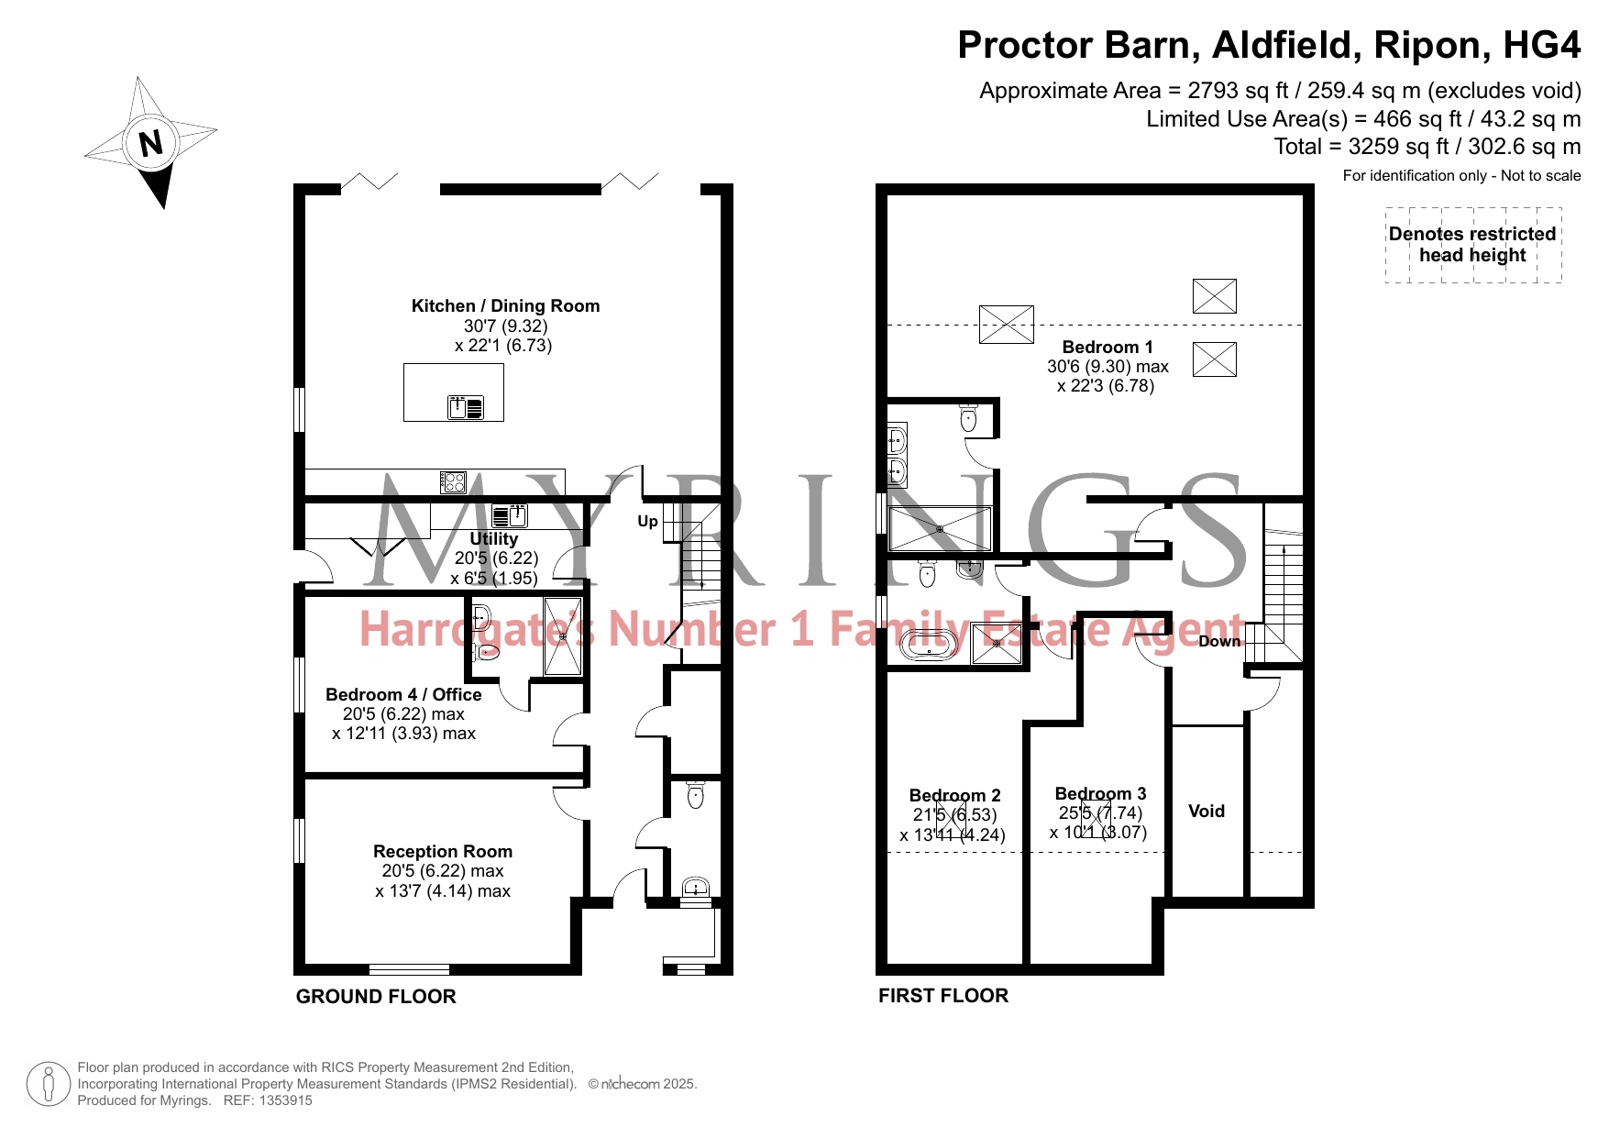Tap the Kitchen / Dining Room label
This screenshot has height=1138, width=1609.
point(505,306)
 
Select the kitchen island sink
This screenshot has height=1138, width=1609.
point(466,406)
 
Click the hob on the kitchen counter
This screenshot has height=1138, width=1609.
point(453,481)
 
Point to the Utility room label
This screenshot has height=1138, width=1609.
point(494,539)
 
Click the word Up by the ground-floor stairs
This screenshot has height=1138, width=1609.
point(647,522)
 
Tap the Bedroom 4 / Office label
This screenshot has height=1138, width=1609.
point(403,695)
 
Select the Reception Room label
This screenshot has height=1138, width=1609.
point(443,852)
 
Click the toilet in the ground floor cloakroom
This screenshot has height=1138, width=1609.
point(695,795)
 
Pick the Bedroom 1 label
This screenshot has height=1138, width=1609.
point(1108,348)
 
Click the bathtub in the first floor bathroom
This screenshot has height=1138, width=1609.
point(931,645)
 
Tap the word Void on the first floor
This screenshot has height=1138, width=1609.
point(1207,812)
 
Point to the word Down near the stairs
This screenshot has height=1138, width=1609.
point(1219,642)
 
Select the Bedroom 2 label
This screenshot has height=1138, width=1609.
point(954,795)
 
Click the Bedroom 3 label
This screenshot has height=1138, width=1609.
point(1100,793)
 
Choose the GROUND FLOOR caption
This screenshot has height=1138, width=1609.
point(376,997)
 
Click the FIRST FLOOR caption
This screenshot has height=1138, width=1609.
point(943,996)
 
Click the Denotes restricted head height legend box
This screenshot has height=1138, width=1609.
point(1473,245)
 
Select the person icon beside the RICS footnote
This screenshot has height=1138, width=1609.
point(50,1085)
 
